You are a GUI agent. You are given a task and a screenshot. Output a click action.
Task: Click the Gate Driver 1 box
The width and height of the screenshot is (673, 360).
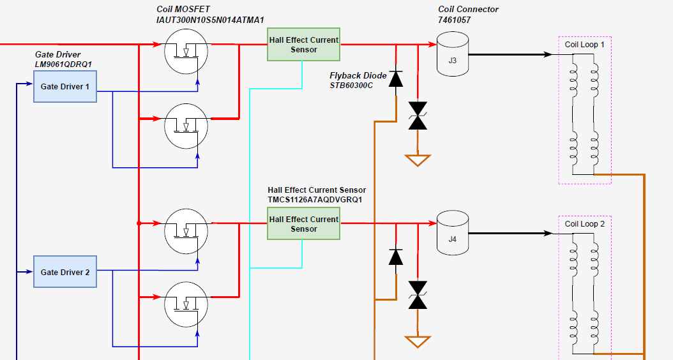[x=65, y=87]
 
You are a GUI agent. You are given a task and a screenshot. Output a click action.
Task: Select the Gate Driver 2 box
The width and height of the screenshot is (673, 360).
[x=65, y=272]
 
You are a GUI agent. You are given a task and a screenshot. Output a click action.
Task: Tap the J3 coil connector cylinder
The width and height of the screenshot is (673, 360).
[x=452, y=54]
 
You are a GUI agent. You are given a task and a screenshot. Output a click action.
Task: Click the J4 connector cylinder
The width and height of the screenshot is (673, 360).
[x=452, y=233]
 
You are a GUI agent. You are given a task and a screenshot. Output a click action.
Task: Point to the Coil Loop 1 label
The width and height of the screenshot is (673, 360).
[x=585, y=45]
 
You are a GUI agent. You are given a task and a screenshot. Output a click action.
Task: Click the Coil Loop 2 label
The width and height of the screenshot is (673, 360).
[x=585, y=224]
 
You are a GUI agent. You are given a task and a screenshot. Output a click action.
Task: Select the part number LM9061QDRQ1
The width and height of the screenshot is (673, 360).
[x=63, y=64]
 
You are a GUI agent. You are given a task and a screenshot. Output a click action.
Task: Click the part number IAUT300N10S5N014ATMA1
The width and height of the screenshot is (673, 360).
[x=210, y=20]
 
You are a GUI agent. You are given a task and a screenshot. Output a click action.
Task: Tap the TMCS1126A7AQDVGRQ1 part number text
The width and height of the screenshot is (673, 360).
[x=315, y=200]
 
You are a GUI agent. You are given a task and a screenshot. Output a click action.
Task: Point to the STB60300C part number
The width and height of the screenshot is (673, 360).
[x=351, y=86]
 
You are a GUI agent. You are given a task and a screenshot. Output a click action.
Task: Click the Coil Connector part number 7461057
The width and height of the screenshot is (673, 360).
[x=454, y=20]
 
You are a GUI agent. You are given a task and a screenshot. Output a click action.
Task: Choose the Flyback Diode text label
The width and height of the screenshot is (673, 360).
[x=358, y=75]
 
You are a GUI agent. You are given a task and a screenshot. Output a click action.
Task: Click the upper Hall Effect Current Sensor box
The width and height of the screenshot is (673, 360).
[x=303, y=45]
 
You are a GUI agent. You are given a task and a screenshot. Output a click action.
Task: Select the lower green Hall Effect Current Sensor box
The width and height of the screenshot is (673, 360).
[x=303, y=223]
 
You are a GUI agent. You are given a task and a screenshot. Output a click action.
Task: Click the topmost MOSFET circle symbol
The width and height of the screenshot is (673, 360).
[x=186, y=52]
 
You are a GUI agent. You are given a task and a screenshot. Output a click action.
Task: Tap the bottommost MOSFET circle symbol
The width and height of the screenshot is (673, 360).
[x=186, y=304]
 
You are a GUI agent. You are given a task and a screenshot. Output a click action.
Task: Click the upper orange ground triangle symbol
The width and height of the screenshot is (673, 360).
[x=418, y=160]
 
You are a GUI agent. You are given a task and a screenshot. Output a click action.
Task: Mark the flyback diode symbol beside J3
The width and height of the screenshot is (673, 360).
[x=396, y=79]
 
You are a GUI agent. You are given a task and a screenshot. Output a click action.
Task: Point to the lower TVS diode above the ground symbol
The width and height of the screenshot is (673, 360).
[x=418, y=295]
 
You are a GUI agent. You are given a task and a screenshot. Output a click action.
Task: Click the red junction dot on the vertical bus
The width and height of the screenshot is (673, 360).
[x=139, y=223]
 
